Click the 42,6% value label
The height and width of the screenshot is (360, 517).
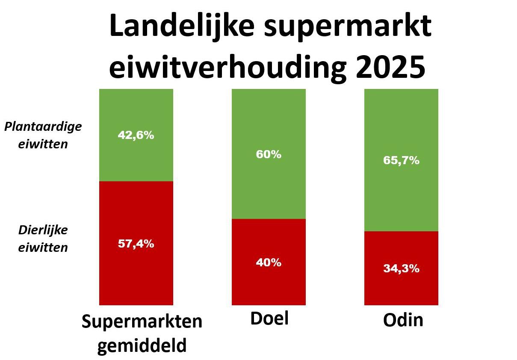tap(136, 135)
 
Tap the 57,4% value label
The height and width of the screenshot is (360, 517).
tap(136, 244)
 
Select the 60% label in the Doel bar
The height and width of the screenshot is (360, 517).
tap(269, 154)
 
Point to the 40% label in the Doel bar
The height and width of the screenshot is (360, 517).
tap(269, 263)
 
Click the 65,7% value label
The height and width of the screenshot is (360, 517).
tap(401, 161)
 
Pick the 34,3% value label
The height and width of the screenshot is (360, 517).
tap(401, 269)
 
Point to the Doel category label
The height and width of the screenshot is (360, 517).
tap(269, 319)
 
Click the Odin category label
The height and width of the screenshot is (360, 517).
tap(403, 320)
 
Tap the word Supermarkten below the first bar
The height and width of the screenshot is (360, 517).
tap(142, 322)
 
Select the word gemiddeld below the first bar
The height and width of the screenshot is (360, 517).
tap(142, 345)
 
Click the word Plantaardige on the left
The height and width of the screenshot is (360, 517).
tap(43, 127)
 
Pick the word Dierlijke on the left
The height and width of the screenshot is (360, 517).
tap(43, 230)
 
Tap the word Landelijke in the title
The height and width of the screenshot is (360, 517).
tap(182, 27)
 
